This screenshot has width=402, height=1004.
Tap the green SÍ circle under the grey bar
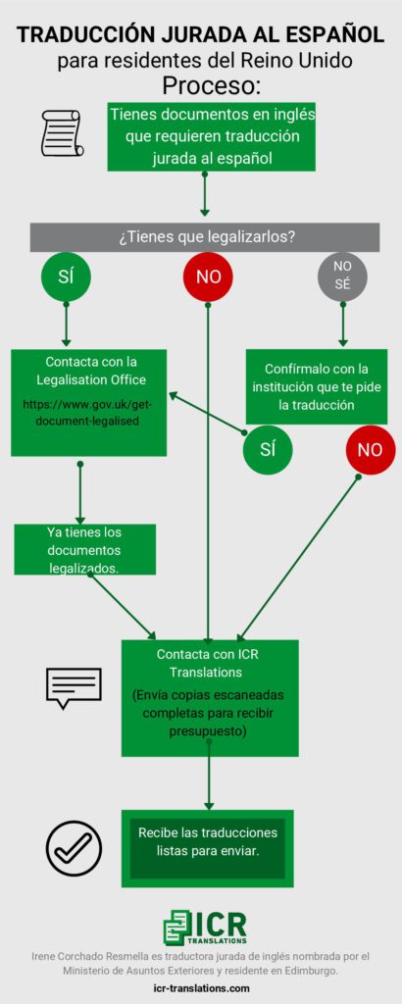coord(66,276)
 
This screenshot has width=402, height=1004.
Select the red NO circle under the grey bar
coord(208,276)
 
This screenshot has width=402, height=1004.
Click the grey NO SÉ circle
coord(342,276)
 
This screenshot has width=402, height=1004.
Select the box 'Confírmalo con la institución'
coord(317,386)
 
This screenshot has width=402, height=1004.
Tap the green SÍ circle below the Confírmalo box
coord(268,449)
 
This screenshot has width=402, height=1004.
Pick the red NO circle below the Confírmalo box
coord(370,449)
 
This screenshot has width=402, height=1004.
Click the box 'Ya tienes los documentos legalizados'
coord(85,549)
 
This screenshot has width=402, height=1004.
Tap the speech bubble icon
coord(74,687)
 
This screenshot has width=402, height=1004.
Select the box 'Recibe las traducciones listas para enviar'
coord(208,848)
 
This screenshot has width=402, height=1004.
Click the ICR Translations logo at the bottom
coord(205,928)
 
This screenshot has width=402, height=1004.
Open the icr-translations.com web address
coord(202,988)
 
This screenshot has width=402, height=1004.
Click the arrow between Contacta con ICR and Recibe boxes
coord(208,782)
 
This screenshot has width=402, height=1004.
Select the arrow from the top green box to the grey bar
coord(204,194)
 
